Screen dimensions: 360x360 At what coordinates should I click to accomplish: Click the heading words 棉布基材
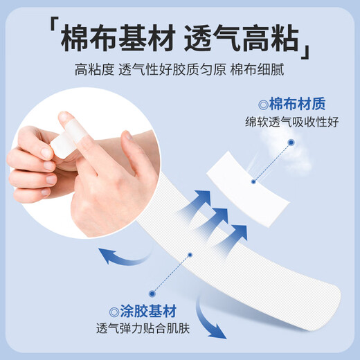click(x=112, y=37)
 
